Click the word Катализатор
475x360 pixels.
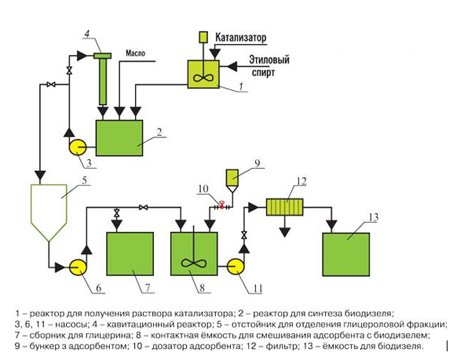241,38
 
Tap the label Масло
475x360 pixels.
135,53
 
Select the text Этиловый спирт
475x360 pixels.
269,66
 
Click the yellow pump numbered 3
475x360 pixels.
78,147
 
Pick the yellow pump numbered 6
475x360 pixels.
78,267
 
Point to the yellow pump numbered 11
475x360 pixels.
236,267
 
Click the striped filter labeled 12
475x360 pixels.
284,207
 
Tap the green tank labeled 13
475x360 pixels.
346,254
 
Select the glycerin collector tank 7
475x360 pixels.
130,253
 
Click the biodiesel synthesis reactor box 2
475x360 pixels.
119,138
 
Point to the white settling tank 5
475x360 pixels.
49,213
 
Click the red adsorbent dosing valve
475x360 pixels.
221,205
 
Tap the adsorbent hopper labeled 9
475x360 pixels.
232,181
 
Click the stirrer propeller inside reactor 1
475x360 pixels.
203,78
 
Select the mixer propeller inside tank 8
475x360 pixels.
194,263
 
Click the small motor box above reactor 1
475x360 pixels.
203,37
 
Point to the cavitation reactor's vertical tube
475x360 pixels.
103,82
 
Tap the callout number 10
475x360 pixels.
203,189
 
